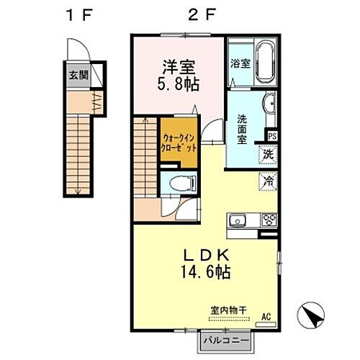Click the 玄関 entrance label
coord(76,75)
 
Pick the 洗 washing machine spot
coord(267,153)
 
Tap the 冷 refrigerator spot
coord(267,182)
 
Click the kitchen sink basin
coord(238,220)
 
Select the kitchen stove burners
coord(269,220)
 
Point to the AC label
coord(266,317)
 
